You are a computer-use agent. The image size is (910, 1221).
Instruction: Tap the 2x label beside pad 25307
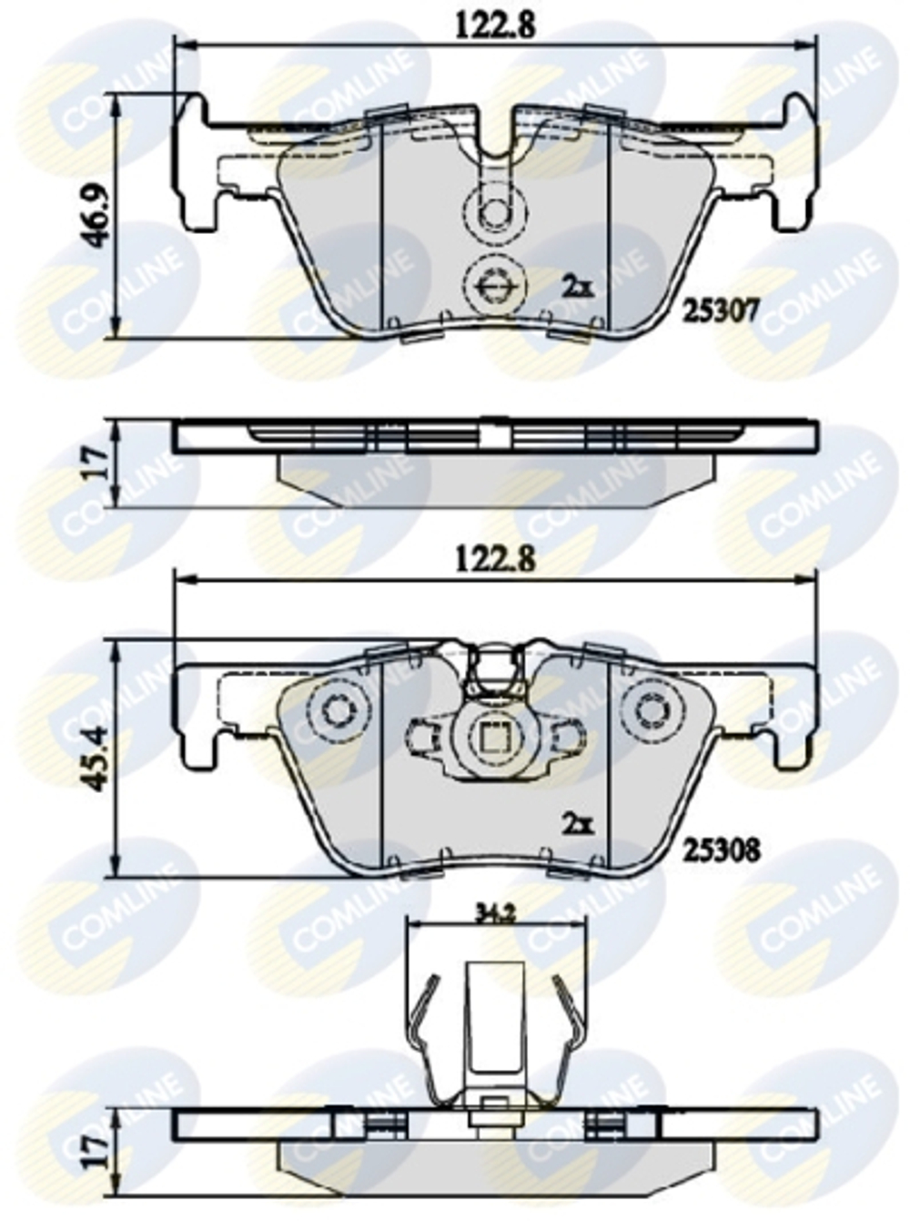click(x=577, y=288)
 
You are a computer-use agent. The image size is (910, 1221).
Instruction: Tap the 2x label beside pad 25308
click(x=577, y=825)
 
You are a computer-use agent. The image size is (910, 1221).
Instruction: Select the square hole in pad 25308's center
click(x=495, y=736)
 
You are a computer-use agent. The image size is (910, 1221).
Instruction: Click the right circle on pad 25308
click(x=652, y=708)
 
